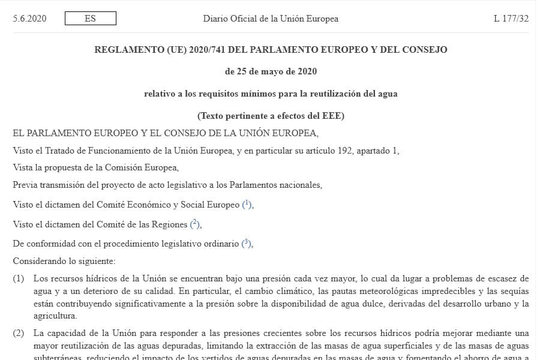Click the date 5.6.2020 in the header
[29, 19]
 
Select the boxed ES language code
[90, 19]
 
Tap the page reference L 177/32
[511, 19]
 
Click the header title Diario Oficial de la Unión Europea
[271, 19]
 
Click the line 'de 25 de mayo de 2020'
[271, 71]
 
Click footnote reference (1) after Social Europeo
[247, 205]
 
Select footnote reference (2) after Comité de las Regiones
[195, 224]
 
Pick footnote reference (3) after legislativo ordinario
[246, 244]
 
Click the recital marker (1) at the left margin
[19, 278]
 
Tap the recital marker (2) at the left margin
[19, 333]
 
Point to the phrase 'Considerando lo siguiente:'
[64, 262]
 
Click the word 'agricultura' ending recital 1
[55, 315]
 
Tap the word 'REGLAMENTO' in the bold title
[124, 50]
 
